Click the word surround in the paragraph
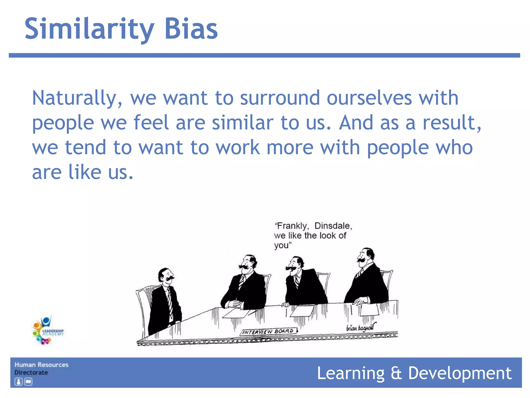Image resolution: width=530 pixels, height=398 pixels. [280, 98]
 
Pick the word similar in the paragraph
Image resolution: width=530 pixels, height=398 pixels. [242, 123]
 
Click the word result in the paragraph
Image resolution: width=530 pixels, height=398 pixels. [452, 123]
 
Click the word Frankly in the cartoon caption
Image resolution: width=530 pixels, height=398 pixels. [292, 226]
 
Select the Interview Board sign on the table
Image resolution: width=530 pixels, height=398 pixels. [268, 331]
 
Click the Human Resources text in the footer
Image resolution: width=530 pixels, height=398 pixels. [41, 365]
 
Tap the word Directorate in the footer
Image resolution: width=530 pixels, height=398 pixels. [31, 373]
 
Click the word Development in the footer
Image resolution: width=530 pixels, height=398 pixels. [460, 373]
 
